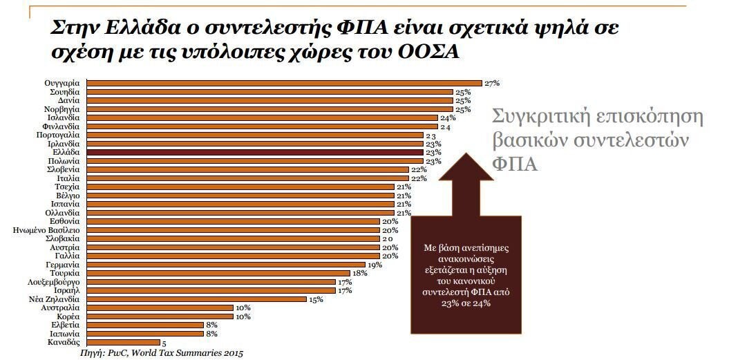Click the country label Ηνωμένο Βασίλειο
click(46, 230)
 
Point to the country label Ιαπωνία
click(65, 333)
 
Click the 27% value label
click(491, 84)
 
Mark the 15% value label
click(316, 299)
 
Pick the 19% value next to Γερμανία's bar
click(375, 265)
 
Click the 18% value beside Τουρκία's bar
click(359, 273)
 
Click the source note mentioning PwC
click(162, 353)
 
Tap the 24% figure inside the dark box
click(482, 304)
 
